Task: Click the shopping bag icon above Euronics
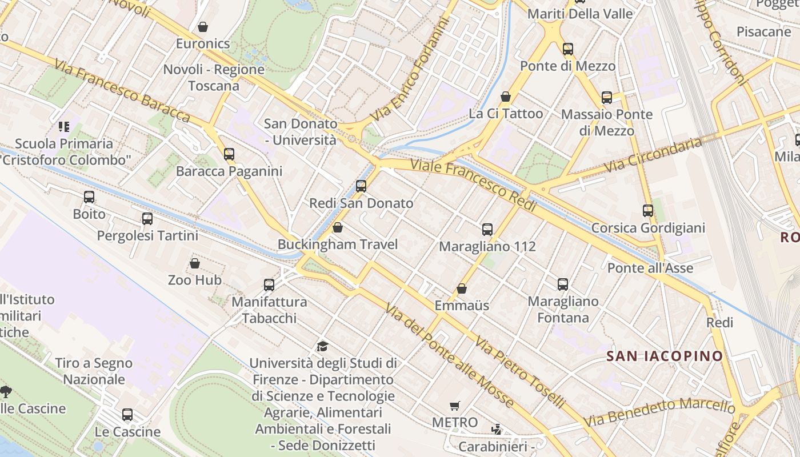[202, 27]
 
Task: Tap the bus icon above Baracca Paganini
[229, 154]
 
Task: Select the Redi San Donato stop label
[361, 203]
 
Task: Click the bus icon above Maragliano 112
[487, 230]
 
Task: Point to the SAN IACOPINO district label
[664, 356]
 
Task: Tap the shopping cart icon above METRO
[454, 406]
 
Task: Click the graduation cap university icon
[323, 346]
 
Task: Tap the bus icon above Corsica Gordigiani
[647, 211]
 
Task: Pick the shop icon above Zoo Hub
[195, 263]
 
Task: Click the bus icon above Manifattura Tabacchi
[269, 284]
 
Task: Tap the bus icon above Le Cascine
[127, 415]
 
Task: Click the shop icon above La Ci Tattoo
[505, 97]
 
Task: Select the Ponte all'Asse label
[650, 268]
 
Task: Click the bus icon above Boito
[89, 197]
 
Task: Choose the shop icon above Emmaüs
[461, 288]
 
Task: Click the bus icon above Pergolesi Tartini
[147, 219]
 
